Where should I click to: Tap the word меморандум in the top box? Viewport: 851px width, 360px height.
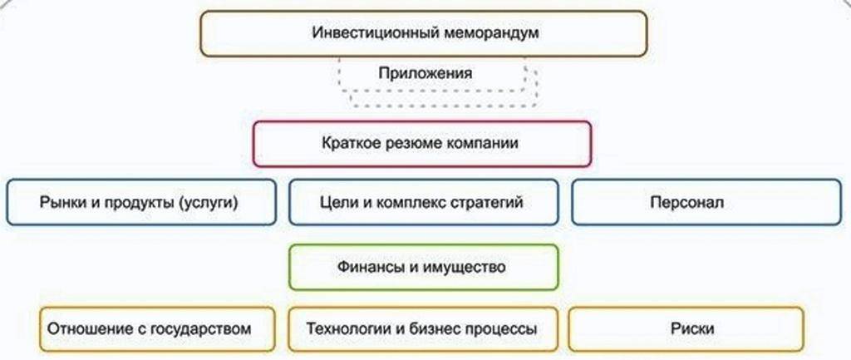[490, 33]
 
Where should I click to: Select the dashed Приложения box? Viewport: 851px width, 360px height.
[425, 73]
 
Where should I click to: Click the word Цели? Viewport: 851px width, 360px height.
[335, 202]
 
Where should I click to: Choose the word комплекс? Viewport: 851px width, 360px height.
[411, 202]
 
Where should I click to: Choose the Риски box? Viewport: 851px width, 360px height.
[686, 328]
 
